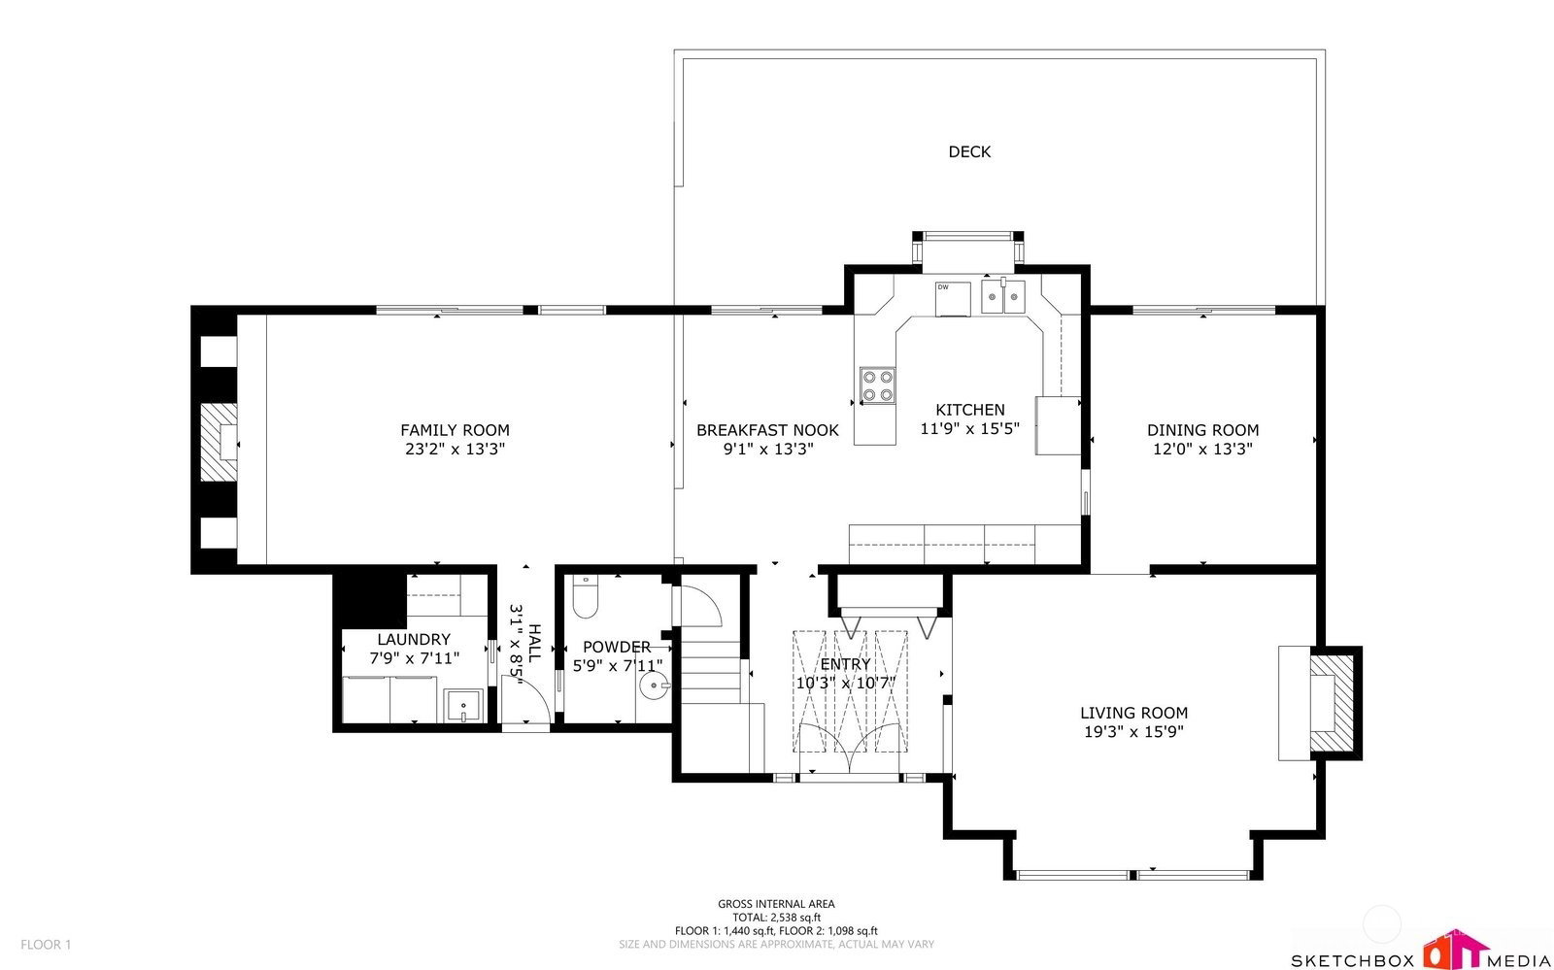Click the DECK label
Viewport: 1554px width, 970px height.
(969, 151)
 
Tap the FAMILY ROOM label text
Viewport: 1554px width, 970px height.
(456, 430)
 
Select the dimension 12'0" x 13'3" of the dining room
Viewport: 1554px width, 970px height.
(1202, 449)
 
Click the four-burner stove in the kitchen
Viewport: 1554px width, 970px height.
(878, 385)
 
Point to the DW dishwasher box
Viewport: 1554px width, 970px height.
(953, 299)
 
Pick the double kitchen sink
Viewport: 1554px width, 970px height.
(1002, 297)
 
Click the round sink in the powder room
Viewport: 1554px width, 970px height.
(654, 686)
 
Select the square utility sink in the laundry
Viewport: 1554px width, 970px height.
(462, 707)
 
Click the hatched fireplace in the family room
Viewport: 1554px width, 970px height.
(220, 442)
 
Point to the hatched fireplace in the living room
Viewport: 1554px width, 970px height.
(1332, 703)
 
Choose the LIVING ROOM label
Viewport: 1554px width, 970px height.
(1133, 713)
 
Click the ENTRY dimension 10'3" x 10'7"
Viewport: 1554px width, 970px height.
(846, 683)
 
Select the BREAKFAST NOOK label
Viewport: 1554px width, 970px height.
(767, 430)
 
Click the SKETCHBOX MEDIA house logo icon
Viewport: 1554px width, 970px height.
(1456, 950)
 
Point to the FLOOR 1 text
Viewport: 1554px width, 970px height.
(46, 945)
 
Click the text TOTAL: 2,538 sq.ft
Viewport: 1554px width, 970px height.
(776, 918)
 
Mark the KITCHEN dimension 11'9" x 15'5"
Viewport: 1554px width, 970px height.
(969, 428)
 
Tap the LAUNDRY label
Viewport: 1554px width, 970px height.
(414, 639)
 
